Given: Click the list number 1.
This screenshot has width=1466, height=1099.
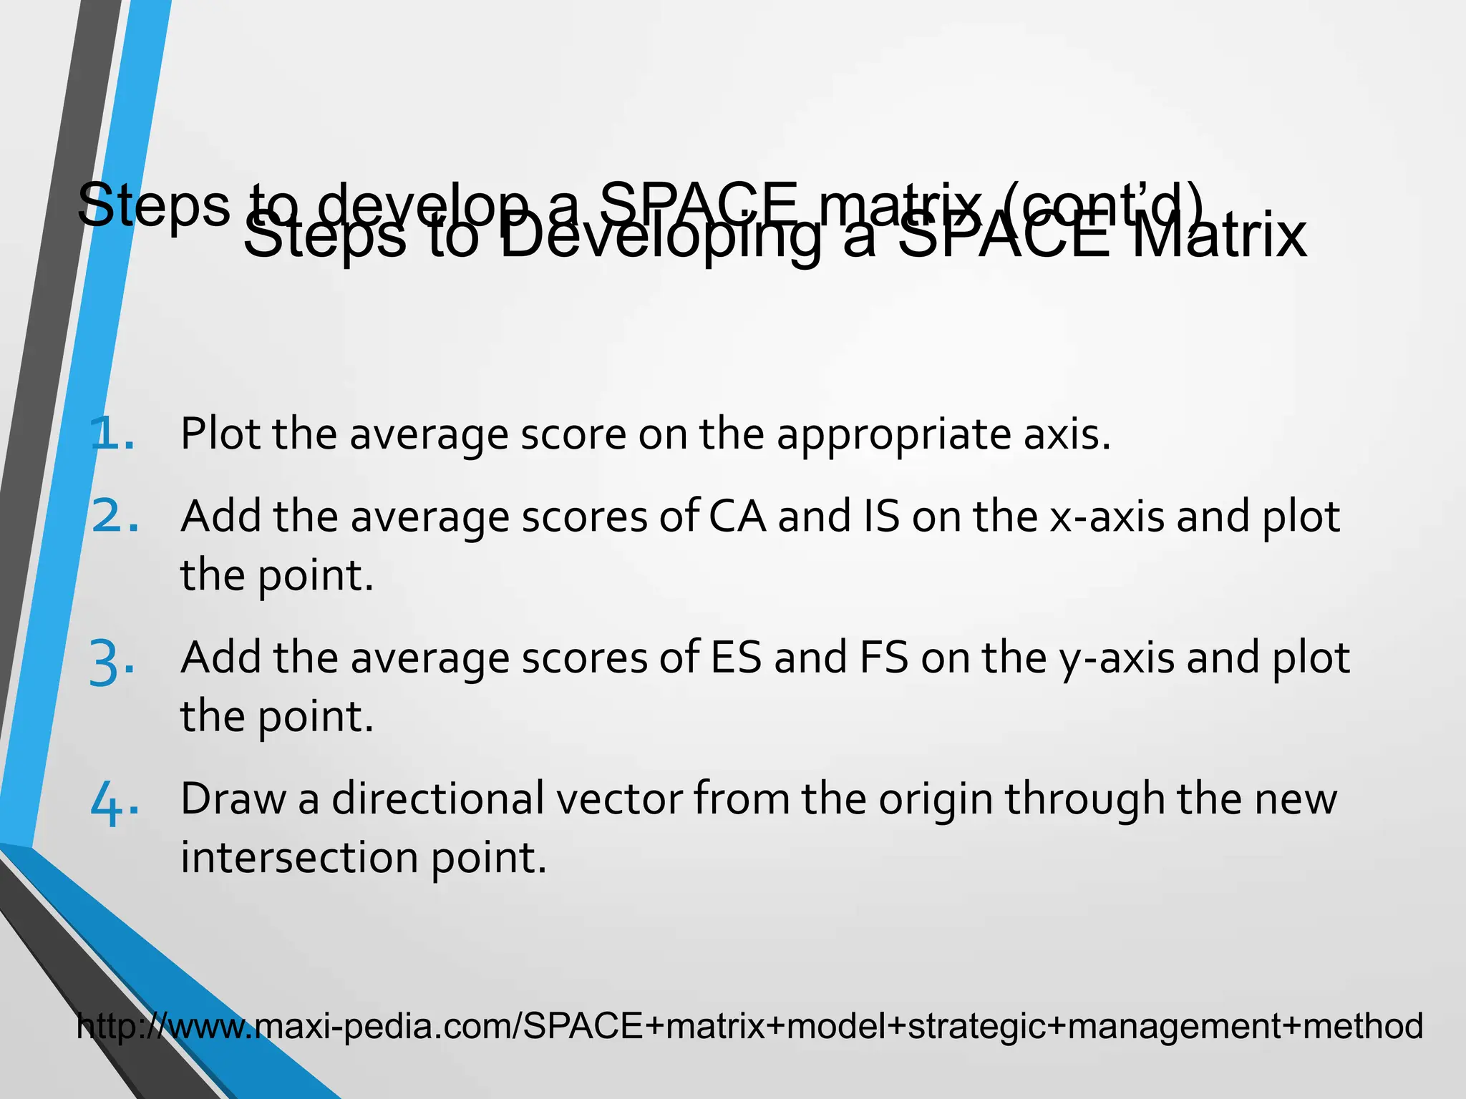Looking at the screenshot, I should [x=112, y=434].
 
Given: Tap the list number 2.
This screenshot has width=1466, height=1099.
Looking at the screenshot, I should [x=115, y=517].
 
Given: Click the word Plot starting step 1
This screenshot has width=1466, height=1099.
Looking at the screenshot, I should [x=220, y=434].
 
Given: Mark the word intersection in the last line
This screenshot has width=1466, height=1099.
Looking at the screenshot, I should [x=299, y=857].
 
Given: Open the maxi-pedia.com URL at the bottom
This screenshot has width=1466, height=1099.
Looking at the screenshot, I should [x=749, y=1026].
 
